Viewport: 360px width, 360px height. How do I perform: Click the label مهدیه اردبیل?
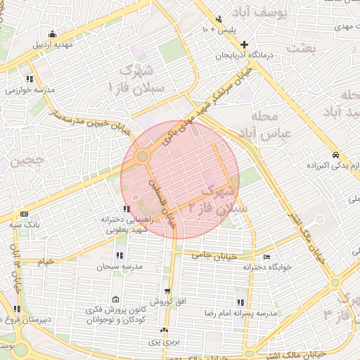(53, 44)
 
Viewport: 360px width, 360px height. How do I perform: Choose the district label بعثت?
(302, 48)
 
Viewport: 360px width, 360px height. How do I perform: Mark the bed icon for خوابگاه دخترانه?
(267, 257)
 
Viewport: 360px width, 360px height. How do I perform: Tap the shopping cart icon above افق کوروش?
(167, 291)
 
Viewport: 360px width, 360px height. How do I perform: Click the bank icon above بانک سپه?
(25, 214)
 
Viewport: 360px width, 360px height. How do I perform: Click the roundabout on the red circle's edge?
(143, 156)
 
